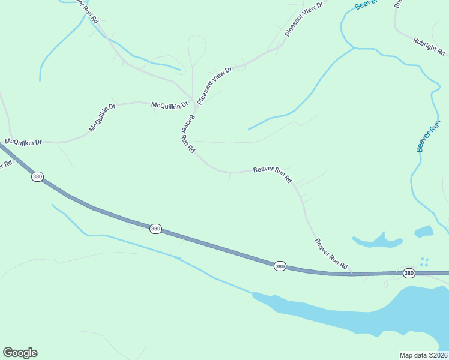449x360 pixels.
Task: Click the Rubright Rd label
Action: point(429,46)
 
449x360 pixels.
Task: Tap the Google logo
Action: point(20,353)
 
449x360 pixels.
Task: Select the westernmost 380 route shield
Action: point(38,176)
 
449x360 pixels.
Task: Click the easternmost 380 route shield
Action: point(409,273)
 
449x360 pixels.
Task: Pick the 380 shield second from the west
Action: point(155,229)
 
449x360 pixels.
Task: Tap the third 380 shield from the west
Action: point(280,266)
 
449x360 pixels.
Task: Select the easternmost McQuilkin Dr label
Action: point(170,105)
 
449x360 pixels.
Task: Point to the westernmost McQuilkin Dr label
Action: point(23,142)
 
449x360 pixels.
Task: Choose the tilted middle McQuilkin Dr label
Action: point(101,119)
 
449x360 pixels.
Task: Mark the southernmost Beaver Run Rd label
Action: point(331,253)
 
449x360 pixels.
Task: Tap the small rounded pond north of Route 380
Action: point(424,231)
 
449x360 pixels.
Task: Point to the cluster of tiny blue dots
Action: point(424,262)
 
